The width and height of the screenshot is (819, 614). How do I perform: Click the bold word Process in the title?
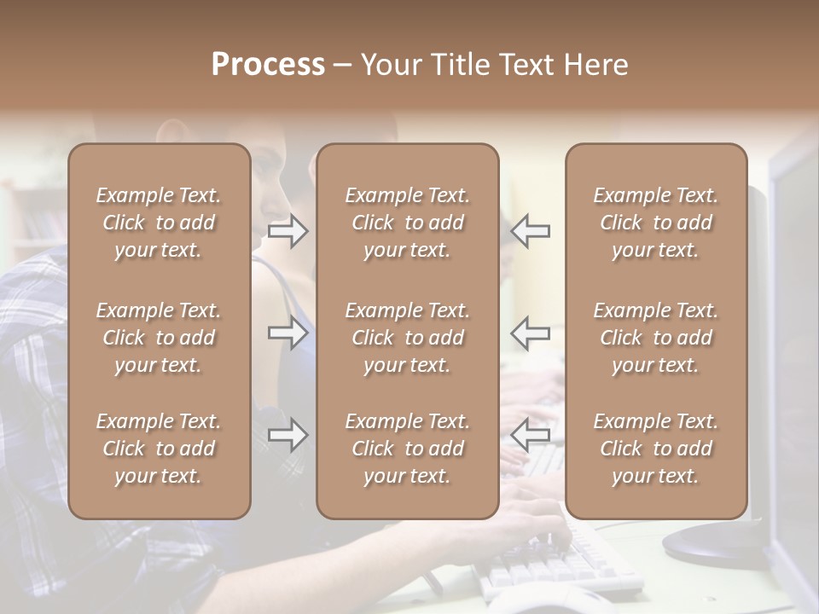268,64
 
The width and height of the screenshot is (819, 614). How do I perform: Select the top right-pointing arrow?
288,231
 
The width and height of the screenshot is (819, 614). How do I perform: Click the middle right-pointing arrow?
288,333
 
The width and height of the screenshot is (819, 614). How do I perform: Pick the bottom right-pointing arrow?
288,435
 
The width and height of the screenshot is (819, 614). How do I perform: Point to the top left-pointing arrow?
530,231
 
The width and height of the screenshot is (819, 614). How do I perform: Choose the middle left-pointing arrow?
530,333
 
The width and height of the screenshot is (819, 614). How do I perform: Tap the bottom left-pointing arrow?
530,435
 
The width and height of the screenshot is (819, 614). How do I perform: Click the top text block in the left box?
159,223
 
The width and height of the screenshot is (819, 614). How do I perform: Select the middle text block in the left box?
159,338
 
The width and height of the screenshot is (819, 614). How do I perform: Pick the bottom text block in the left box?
159,449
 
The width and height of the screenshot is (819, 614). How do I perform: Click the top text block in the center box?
407,223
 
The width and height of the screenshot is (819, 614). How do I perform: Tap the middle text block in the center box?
407,338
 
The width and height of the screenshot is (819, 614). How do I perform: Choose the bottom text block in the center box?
407,449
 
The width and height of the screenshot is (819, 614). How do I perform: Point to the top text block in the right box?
655,223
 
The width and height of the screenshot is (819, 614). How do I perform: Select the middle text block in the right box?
655,338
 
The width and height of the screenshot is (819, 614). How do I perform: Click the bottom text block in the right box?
655,449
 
